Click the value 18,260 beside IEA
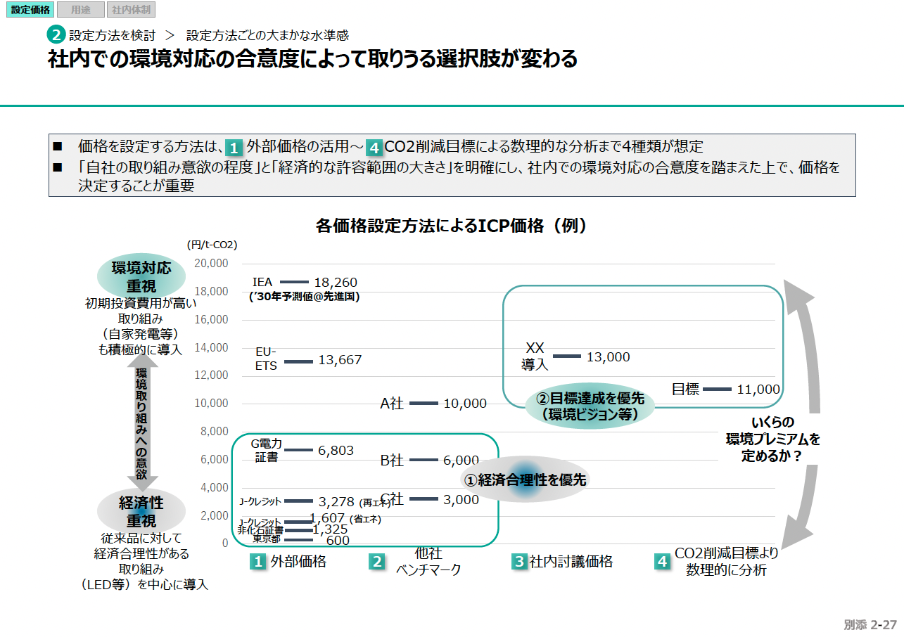(x=336, y=283)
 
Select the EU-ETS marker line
(x=298, y=361)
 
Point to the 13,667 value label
(x=340, y=360)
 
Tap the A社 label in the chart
(x=392, y=404)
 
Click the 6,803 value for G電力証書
(x=336, y=451)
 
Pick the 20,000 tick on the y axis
(x=211, y=263)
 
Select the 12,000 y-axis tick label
(x=211, y=375)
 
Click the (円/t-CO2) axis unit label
(x=212, y=245)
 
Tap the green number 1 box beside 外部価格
(x=259, y=562)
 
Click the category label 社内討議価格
(x=571, y=562)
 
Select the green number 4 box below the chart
(x=662, y=562)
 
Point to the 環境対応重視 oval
(x=141, y=277)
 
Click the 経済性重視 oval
(x=141, y=512)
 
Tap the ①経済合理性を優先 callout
(x=524, y=480)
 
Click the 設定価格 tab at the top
(x=30, y=10)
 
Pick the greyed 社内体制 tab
(x=131, y=10)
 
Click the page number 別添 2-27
(x=870, y=624)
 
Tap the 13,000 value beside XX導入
(x=608, y=357)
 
